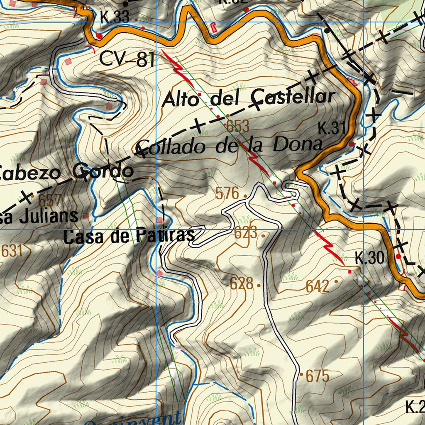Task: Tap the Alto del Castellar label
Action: pos(248,98)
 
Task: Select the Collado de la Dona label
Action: pos(229,146)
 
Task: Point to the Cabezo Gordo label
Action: pos(66,171)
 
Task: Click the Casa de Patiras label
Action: pos(129,236)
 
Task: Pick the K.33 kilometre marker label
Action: pos(115,17)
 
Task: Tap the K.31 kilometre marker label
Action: pos(332,129)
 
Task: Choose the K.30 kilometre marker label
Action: pos(369,258)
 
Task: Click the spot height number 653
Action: pos(237,126)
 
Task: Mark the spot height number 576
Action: pos(227,193)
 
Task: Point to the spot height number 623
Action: pos(246,233)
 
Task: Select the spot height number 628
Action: pos(242,283)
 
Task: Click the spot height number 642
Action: pos(318,286)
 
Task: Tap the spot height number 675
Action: pos(318,376)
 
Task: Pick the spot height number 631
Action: pos(11,251)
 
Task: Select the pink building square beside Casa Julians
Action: pos(86,216)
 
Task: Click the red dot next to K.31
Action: pos(352,144)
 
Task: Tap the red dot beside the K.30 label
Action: pos(399,256)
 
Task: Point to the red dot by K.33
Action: pos(100,37)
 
